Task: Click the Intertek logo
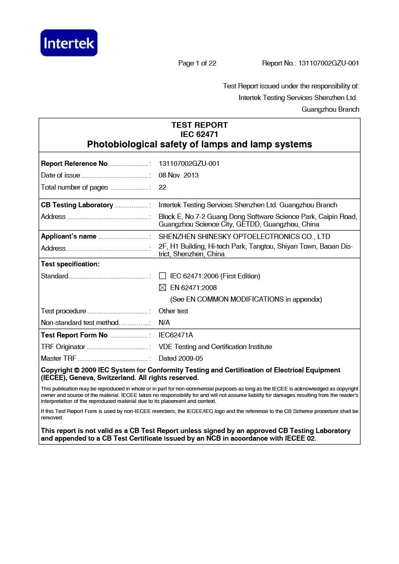point(69,43)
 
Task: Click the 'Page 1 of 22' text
point(197,63)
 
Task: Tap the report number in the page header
point(328,63)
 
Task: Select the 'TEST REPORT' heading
point(199,125)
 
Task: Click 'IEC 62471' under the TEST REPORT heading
point(199,134)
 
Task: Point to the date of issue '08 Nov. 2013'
point(179,175)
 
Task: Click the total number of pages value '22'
point(162,187)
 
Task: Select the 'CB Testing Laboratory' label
point(77,205)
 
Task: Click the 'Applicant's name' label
point(68,236)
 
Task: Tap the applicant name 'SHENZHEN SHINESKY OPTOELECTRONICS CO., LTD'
point(244,237)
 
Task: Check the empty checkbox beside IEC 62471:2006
point(162,276)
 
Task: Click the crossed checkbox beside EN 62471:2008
point(162,288)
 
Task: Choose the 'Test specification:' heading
point(70,264)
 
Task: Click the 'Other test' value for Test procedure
point(173,311)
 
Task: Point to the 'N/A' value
point(164,323)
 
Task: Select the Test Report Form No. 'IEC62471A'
point(176,335)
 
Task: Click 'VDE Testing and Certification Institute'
point(215,347)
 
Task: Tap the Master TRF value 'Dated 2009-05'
point(181,358)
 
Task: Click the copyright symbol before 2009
point(77,370)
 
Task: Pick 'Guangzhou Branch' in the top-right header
point(330,109)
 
